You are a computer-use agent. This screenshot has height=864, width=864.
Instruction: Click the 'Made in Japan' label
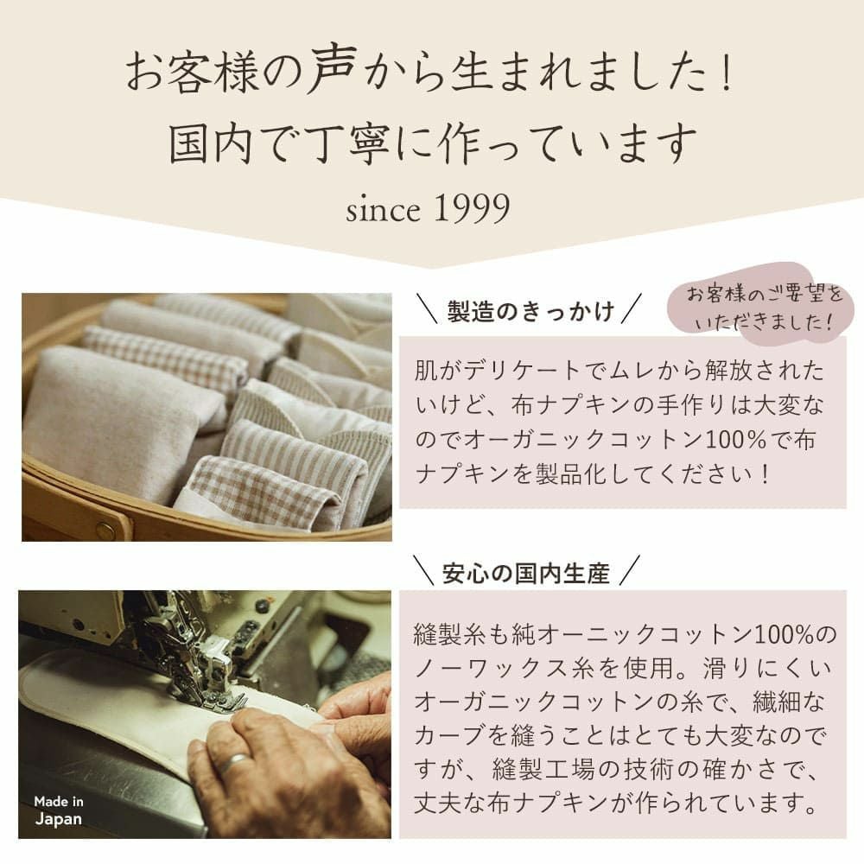pos(59,810)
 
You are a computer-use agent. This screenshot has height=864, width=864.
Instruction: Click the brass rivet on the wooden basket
pos(105,530)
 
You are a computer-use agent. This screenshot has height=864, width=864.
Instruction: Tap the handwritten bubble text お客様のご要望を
pos(763,296)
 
